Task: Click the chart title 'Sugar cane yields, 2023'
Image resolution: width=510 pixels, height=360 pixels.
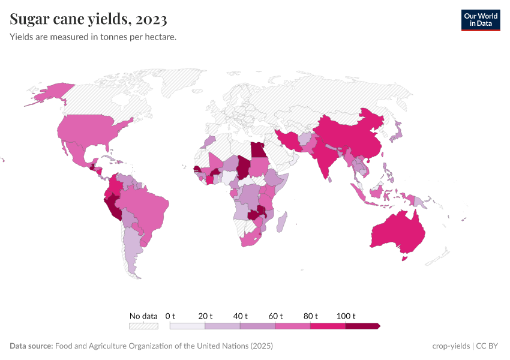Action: [x=88, y=20]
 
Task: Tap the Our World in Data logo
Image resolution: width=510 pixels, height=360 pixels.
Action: [x=480, y=20]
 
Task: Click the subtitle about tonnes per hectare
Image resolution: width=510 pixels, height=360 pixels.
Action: [x=93, y=37]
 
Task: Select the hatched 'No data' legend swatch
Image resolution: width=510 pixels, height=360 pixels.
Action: [x=143, y=326]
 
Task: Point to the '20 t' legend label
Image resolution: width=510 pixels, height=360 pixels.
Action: [x=205, y=316]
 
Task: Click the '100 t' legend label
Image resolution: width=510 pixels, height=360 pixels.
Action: [x=346, y=316]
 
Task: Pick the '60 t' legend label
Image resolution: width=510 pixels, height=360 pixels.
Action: [x=275, y=316]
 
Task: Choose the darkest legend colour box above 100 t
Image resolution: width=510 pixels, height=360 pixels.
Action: [x=362, y=326]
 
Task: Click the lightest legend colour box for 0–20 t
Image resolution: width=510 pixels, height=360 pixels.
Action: [x=187, y=326]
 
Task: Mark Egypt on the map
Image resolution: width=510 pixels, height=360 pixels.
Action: [x=257, y=150]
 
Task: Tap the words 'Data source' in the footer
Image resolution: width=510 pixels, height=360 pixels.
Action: [x=31, y=346]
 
